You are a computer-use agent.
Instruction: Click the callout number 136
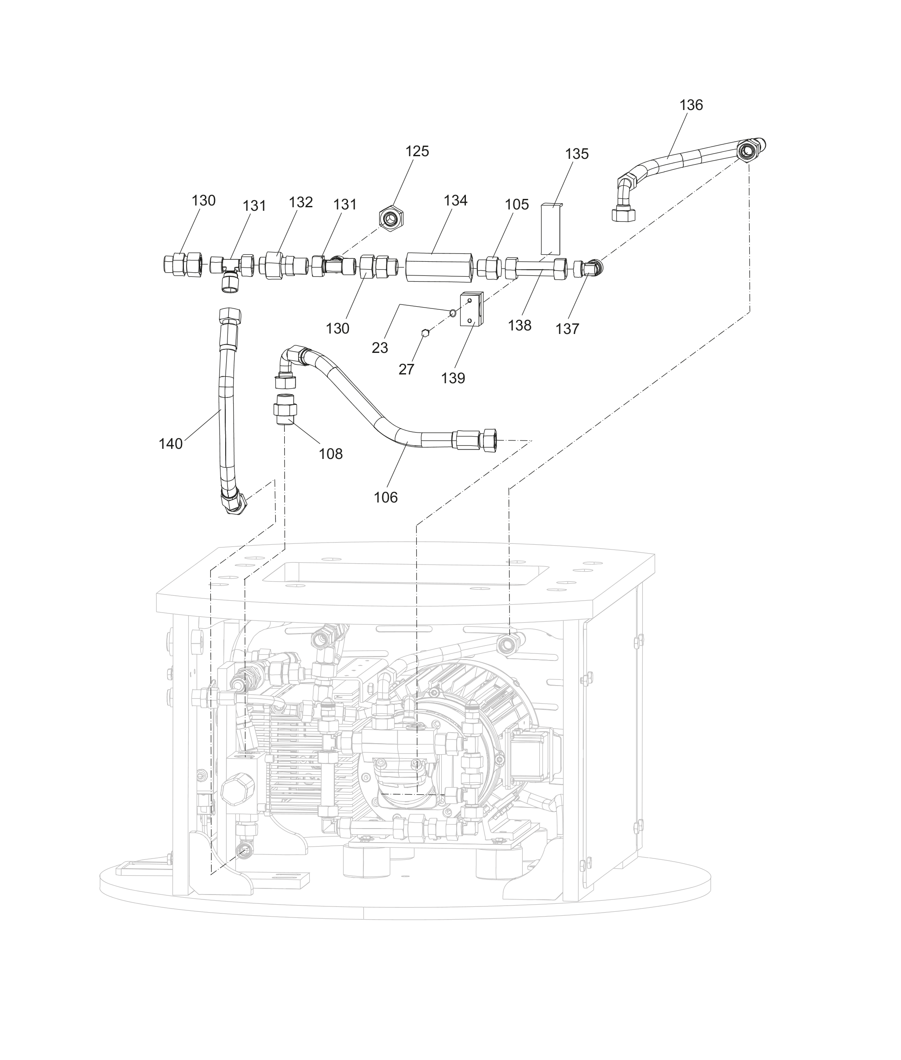point(691,105)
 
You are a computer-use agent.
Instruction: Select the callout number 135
point(577,154)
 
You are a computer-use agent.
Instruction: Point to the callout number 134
point(455,200)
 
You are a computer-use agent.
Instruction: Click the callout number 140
point(170,444)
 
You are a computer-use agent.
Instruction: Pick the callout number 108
point(330,454)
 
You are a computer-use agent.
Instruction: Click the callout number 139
point(453,378)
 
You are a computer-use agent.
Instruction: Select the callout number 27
point(406,369)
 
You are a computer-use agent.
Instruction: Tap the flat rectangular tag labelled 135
point(551,229)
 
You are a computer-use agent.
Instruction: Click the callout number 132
point(300,202)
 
